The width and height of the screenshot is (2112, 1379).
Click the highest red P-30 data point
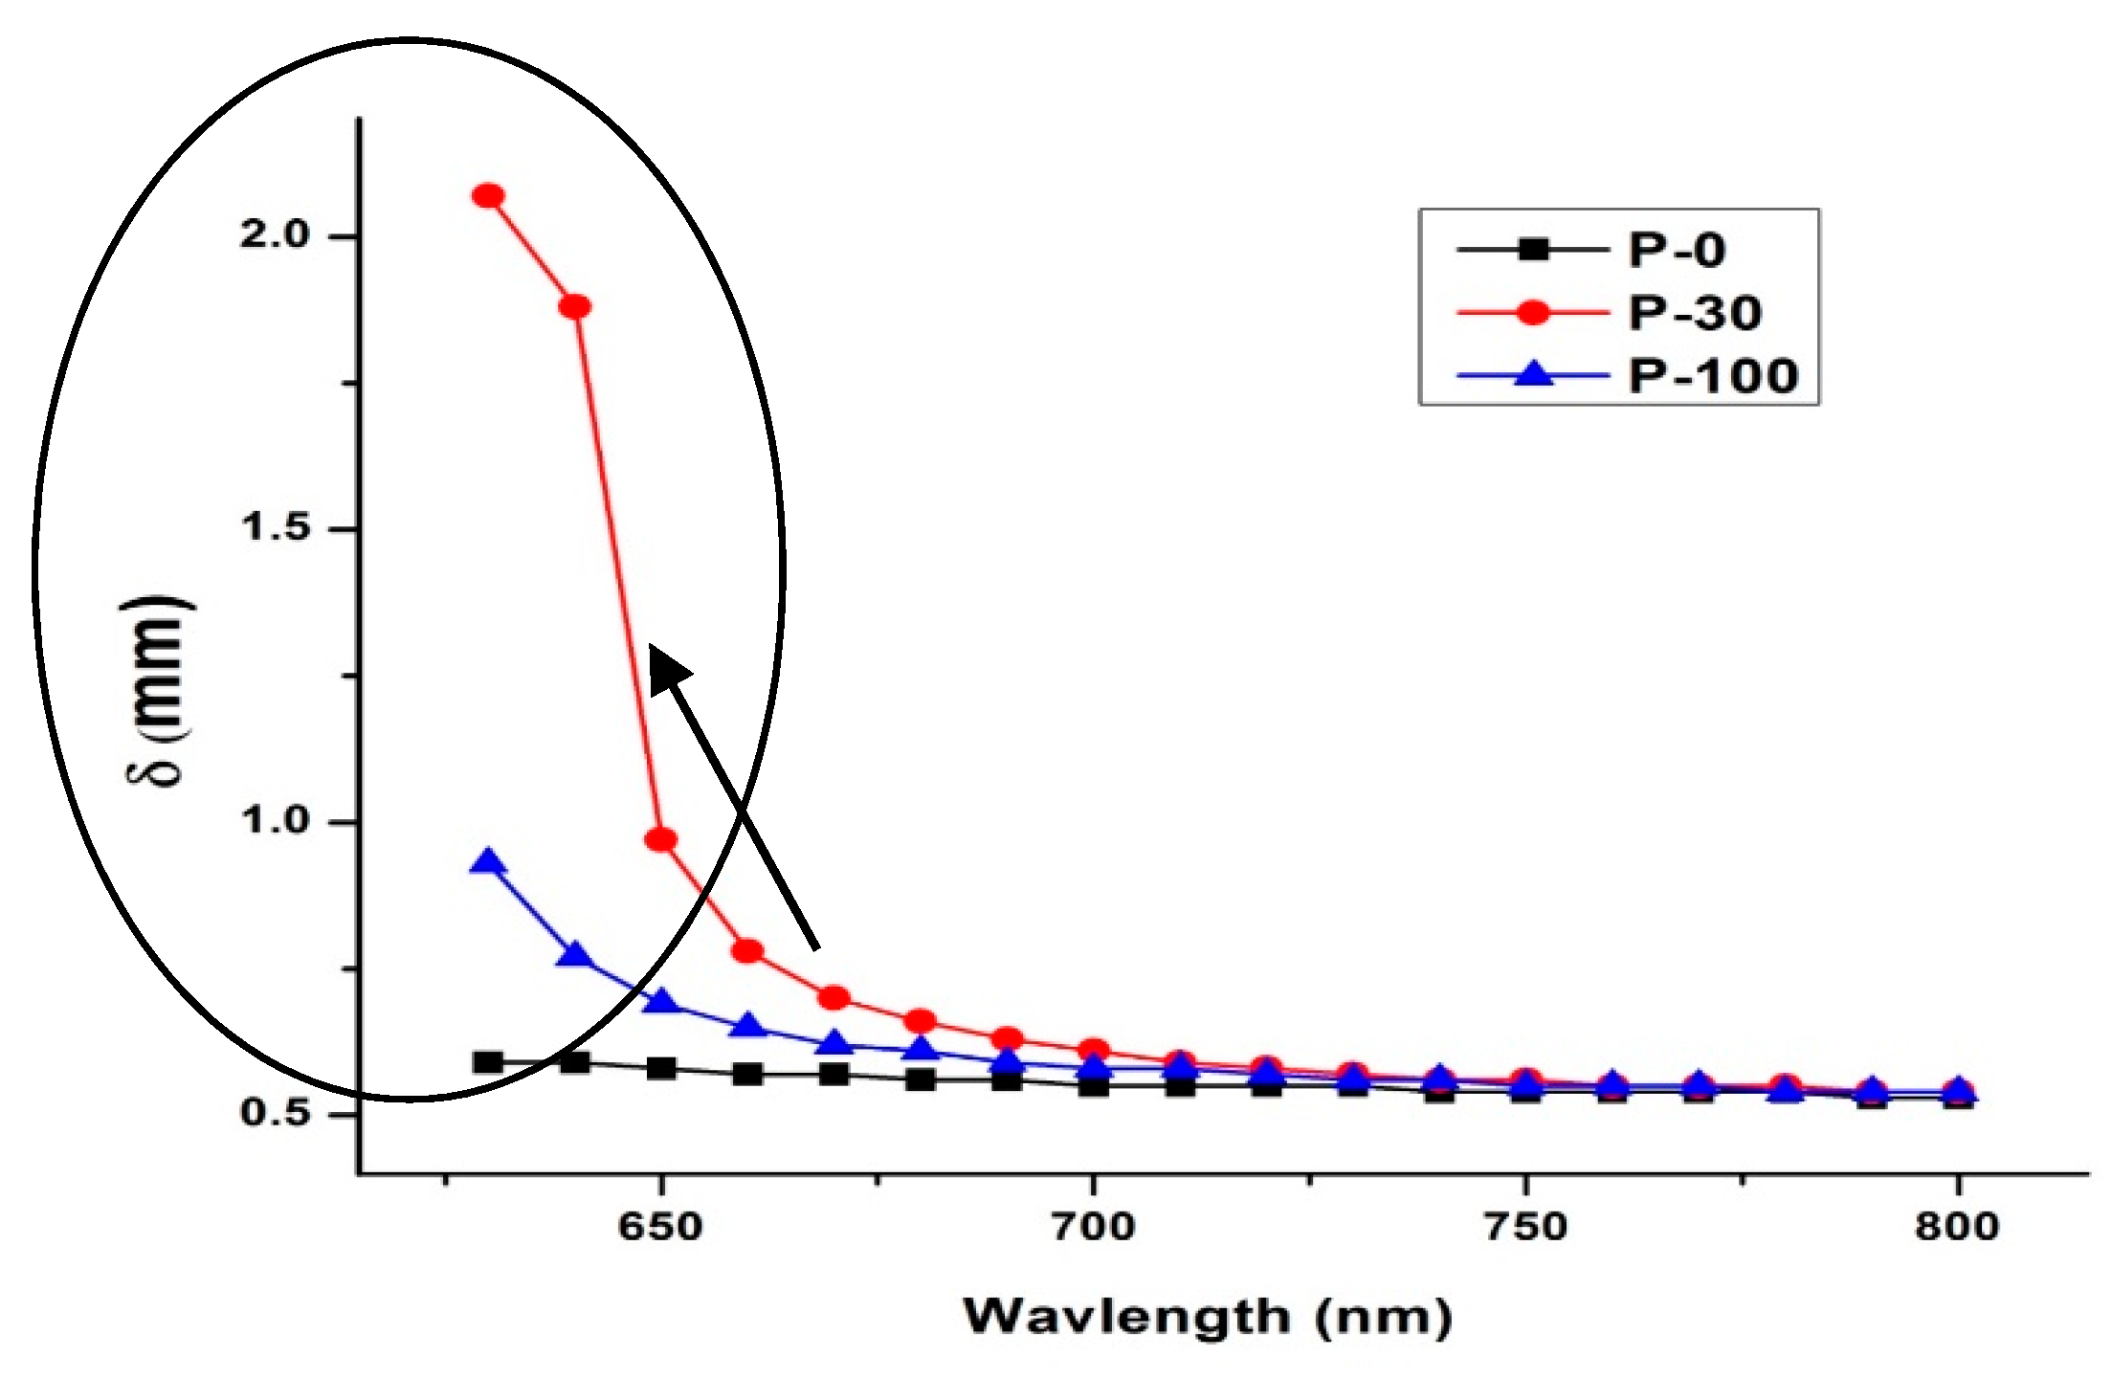(x=488, y=196)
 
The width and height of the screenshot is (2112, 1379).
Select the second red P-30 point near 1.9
(x=574, y=307)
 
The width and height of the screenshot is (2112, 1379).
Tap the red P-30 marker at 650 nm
(x=660, y=840)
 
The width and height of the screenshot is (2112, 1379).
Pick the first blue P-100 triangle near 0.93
(x=488, y=863)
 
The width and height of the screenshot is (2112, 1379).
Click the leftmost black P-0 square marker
(x=488, y=1061)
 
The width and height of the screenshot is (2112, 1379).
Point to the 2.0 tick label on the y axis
(x=276, y=234)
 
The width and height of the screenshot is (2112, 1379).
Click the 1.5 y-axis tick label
(x=276, y=526)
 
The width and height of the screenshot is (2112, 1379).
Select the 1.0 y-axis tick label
(x=276, y=820)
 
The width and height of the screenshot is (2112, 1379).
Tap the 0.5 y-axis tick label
(x=276, y=1112)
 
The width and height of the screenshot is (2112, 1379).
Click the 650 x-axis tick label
(x=660, y=1226)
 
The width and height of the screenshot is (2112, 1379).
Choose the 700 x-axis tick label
(x=1093, y=1226)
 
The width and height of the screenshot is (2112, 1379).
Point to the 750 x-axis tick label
(x=1525, y=1226)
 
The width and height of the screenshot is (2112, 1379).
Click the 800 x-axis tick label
(x=1958, y=1226)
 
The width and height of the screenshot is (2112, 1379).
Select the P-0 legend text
(x=1677, y=251)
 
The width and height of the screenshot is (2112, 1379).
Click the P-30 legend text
(x=1695, y=313)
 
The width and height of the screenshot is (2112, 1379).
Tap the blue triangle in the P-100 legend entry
(x=1535, y=374)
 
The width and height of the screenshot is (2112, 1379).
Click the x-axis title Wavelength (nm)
(x=1208, y=1318)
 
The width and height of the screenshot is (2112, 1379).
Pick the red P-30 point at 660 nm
(x=747, y=951)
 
